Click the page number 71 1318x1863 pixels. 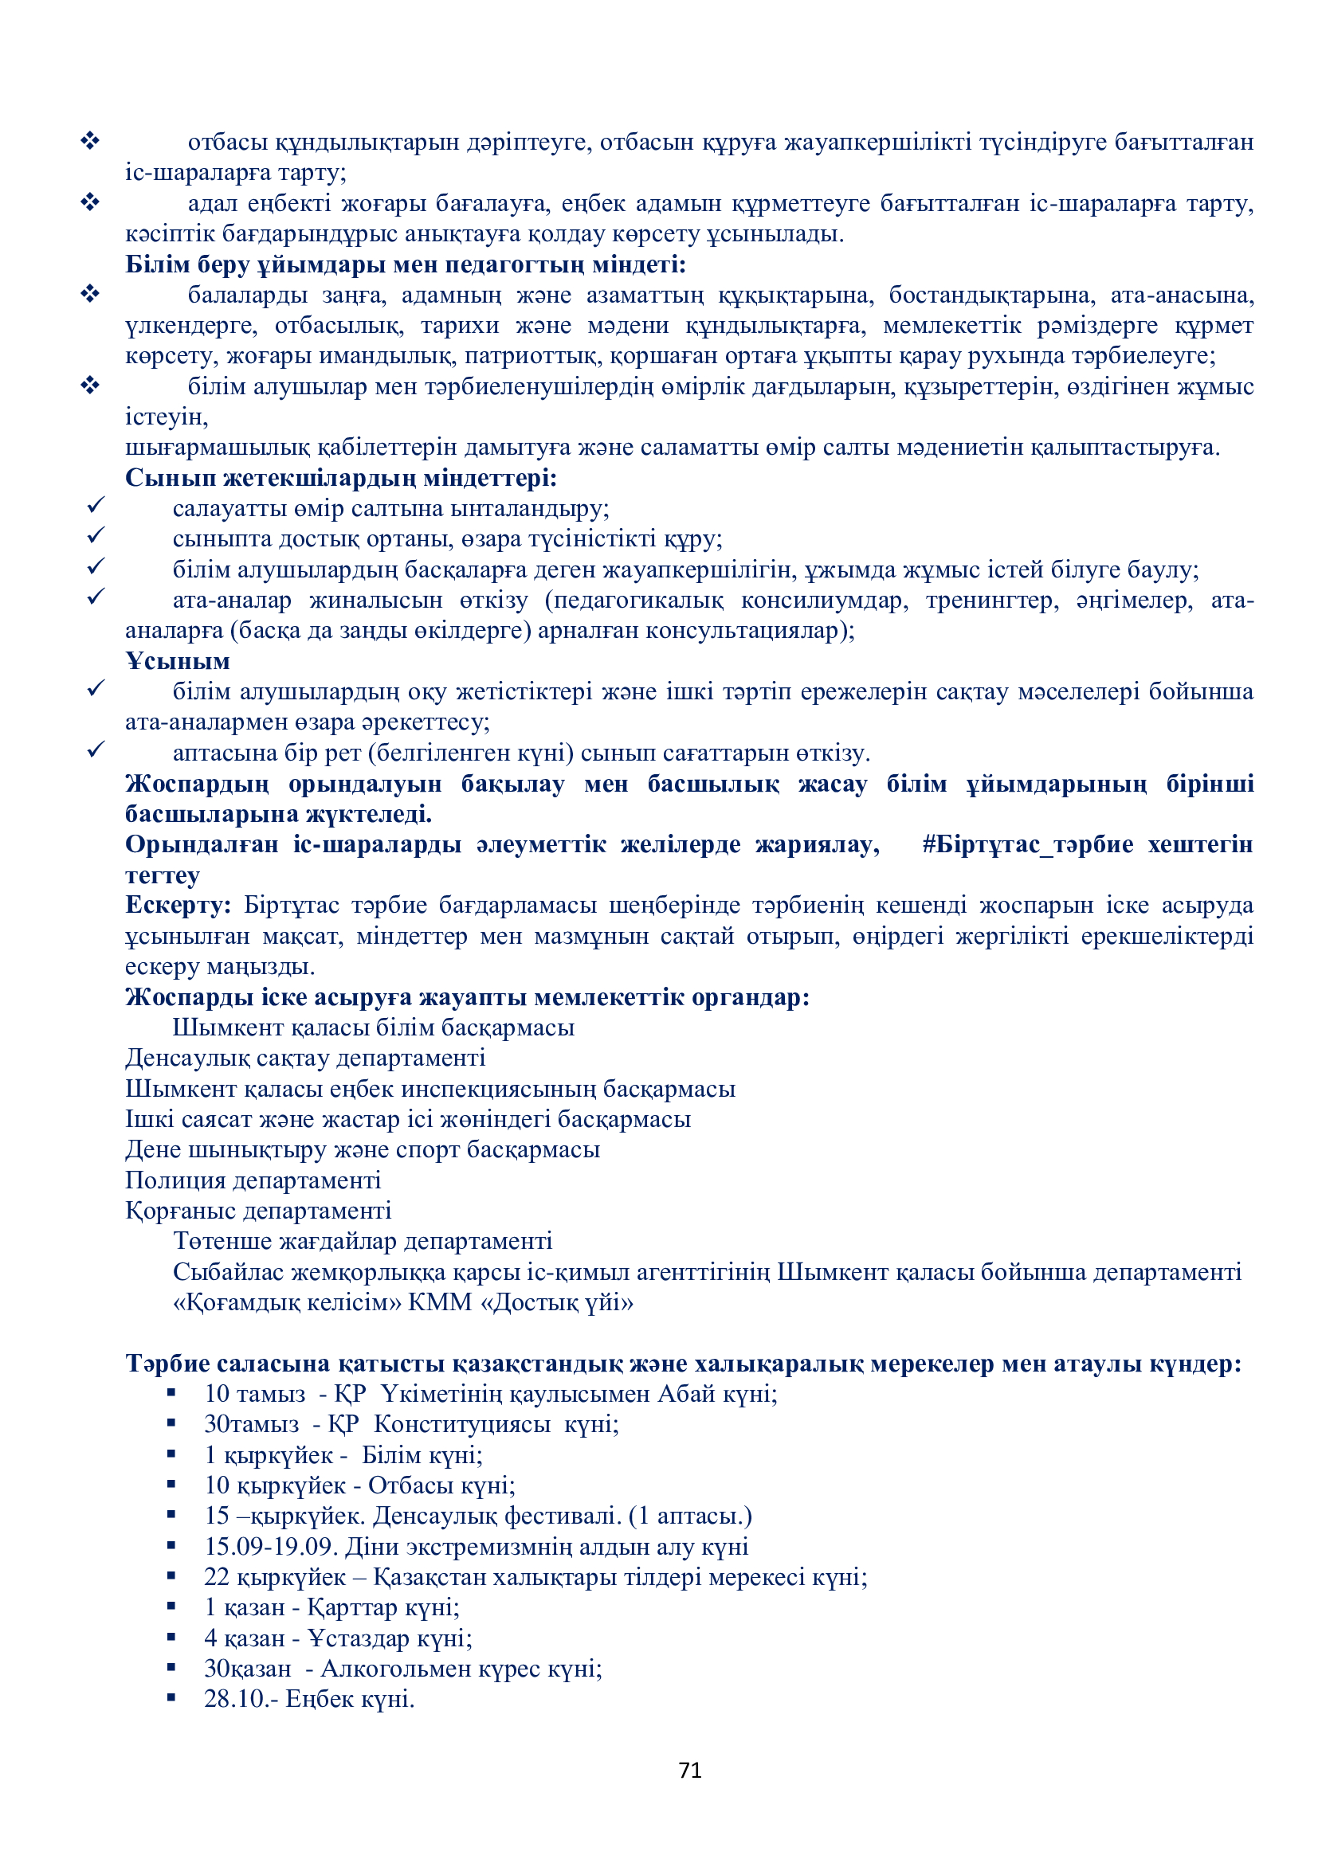coord(690,1770)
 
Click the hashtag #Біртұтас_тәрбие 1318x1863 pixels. coord(1027,844)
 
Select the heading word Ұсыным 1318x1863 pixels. coord(178,661)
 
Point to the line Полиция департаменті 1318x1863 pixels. coord(253,1180)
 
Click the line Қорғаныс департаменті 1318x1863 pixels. coord(258,1211)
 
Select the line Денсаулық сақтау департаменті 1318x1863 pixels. coord(305,1058)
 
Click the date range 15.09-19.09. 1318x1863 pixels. coord(271,1547)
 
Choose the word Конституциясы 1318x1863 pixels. coord(463,1424)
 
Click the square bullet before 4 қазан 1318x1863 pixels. coord(171,1638)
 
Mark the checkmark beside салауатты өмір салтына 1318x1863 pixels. coord(96,506)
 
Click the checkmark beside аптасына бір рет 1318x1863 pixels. coord(96,750)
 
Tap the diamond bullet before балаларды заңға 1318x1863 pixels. coord(90,294)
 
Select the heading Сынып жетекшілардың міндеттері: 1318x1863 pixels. coord(341,478)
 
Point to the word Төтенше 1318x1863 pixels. coord(222,1242)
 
